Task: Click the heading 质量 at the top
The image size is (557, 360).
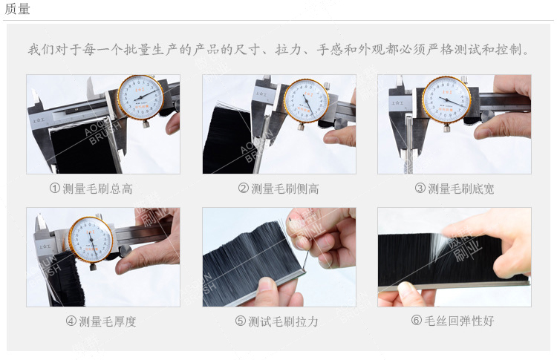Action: (18, 9)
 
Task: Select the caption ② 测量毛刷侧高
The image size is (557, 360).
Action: (278, 189)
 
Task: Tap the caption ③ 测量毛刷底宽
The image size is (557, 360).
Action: (454, 189)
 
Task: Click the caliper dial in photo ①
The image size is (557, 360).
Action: (140, 97)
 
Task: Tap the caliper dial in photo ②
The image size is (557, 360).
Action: (306, 100)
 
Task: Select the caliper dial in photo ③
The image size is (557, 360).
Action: (446, 99)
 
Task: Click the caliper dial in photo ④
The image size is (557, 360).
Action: (91, 240)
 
